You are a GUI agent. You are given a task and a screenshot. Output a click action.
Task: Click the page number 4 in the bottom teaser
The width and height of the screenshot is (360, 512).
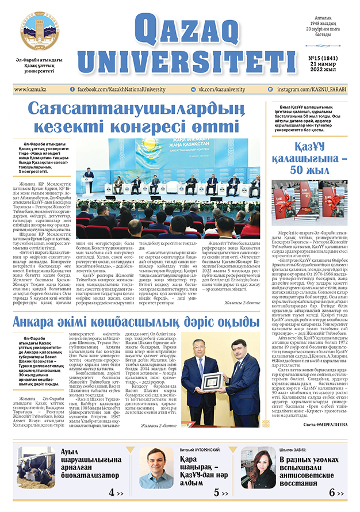[111, 493]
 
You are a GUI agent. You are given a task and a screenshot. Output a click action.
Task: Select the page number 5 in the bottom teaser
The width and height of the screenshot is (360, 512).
[217, 493]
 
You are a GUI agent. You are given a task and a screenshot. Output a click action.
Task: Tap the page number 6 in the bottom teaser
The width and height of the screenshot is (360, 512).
[333, 493]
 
